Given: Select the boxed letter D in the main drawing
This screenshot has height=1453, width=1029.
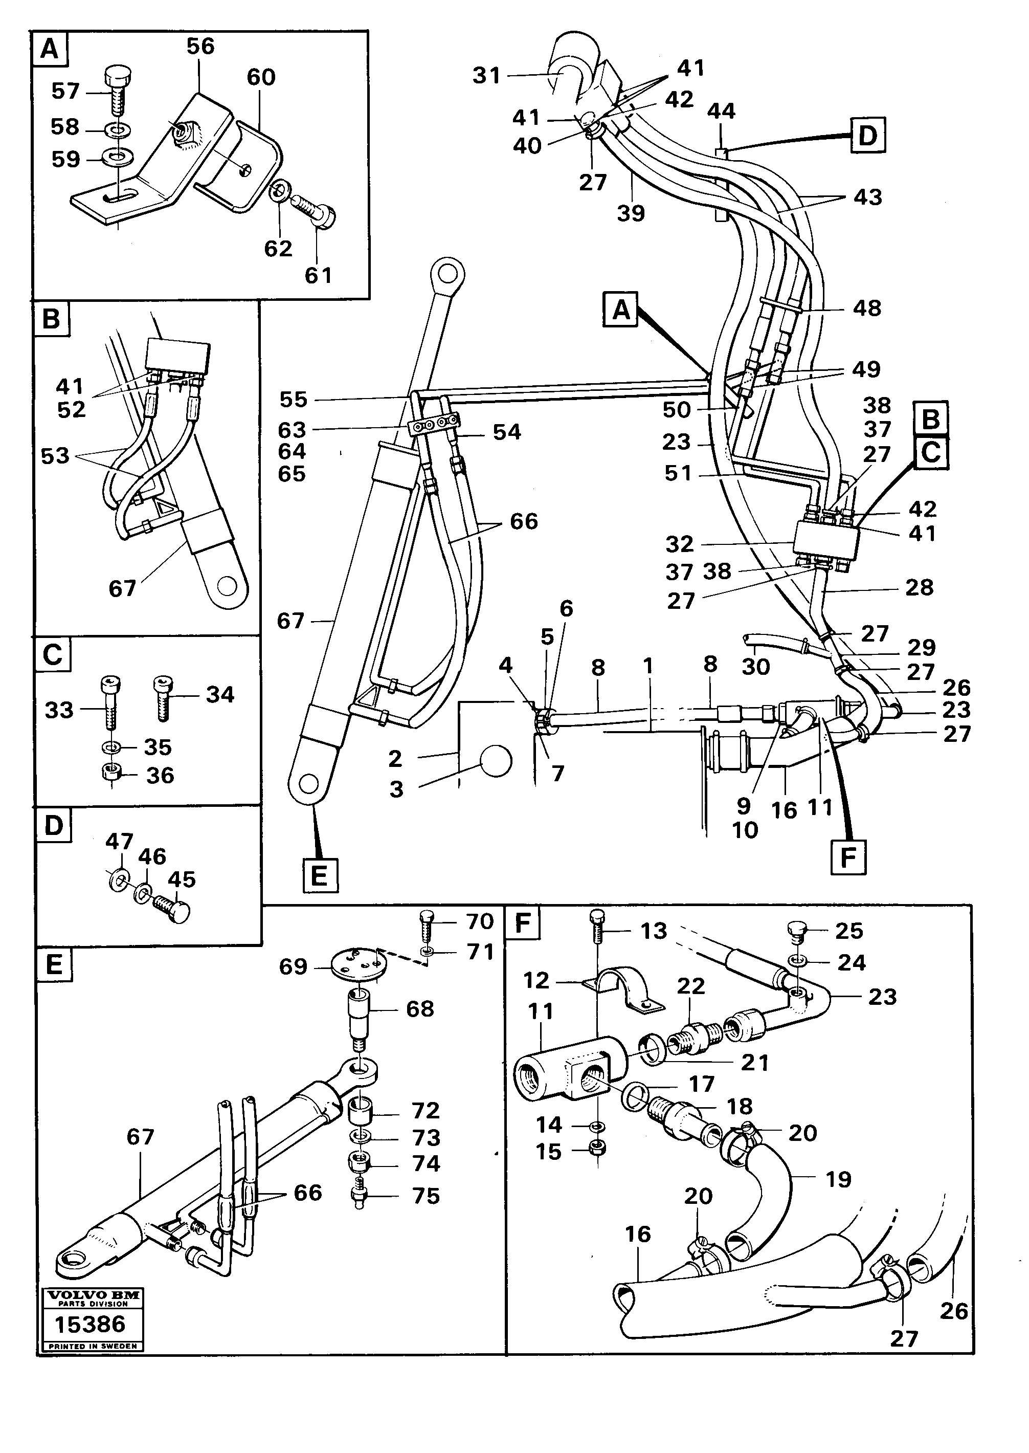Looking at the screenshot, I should [867, 136].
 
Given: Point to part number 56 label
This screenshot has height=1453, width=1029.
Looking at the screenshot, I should [200, 46].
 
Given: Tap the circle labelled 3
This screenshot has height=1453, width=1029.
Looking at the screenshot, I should [496, 760].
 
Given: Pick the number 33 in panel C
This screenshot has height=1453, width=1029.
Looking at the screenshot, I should [59, 710].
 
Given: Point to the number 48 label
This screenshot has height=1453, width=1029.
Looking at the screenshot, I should [867, 309].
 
